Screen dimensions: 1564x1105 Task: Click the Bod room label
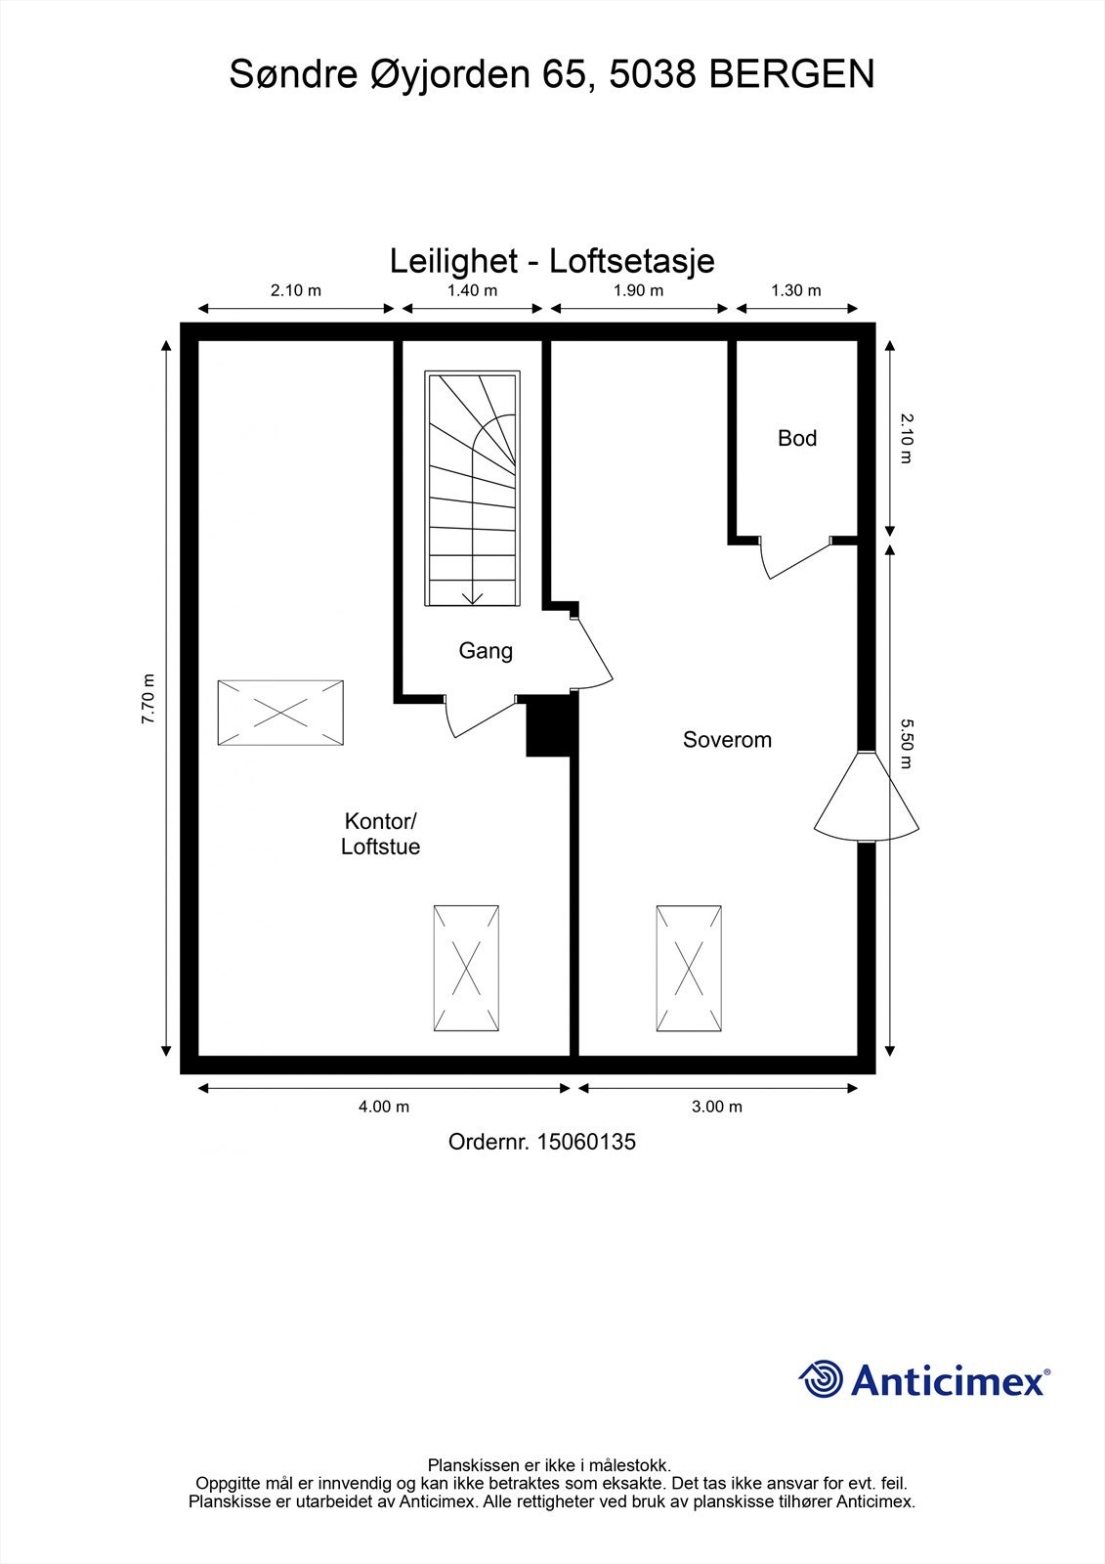tap(796, 438)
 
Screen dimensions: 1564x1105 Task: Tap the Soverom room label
tap(727, 740)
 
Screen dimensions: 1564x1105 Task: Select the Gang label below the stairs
tap(486, 650)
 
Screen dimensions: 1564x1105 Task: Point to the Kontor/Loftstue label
tap(380, 834)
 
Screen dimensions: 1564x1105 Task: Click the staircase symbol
tap(473, 489)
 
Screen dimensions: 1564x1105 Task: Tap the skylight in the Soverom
tap(689, 968)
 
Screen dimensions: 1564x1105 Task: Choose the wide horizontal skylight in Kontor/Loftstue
tap(280, 713)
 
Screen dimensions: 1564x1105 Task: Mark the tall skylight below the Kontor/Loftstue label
tap(467, 968)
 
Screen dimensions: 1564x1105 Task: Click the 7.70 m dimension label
tap(149, 699)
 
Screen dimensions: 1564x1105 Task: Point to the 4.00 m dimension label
tap(384, 1107)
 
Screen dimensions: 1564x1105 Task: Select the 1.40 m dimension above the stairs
tap(472, 290)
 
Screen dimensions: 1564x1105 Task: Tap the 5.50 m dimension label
tap(906, 743)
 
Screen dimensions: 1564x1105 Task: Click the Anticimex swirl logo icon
tap(821, 1379)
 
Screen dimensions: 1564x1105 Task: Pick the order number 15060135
tap(585, 1141)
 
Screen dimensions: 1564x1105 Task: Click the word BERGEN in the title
tap(791, 74)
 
